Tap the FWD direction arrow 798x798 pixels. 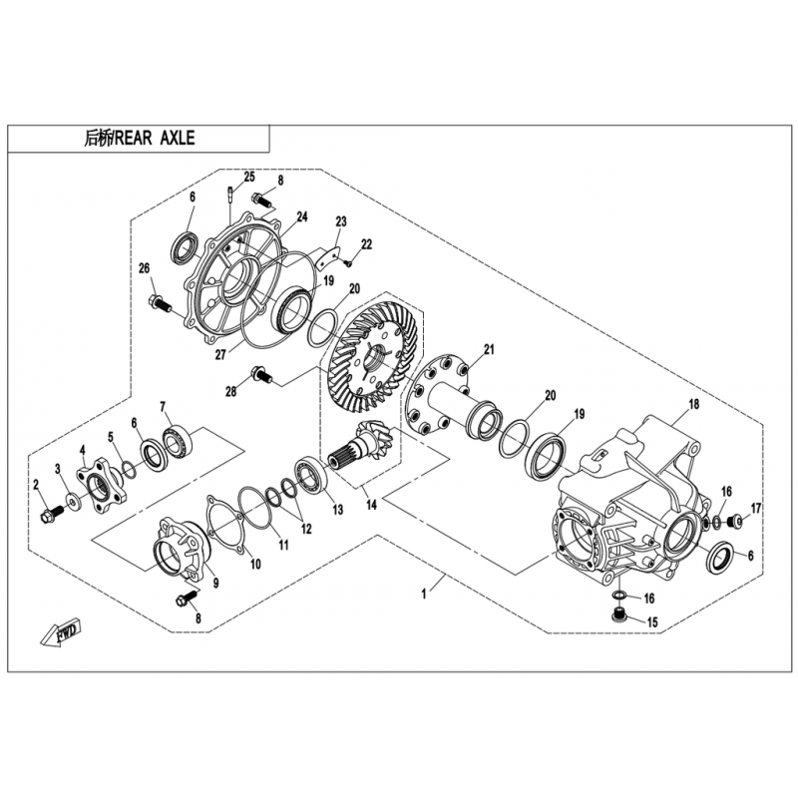click(61, 632)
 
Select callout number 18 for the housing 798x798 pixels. click(693, 404)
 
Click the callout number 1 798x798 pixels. click(424, 594)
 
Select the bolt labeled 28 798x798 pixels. click(261, 376)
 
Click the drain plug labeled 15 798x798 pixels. click(617, 615)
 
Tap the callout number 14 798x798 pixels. click(371, 505)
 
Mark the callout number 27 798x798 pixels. click(219, 354)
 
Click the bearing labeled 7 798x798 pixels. click(178, 440)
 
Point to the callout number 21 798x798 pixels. click(489, 350)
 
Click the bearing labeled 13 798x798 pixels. click(309, 476)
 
